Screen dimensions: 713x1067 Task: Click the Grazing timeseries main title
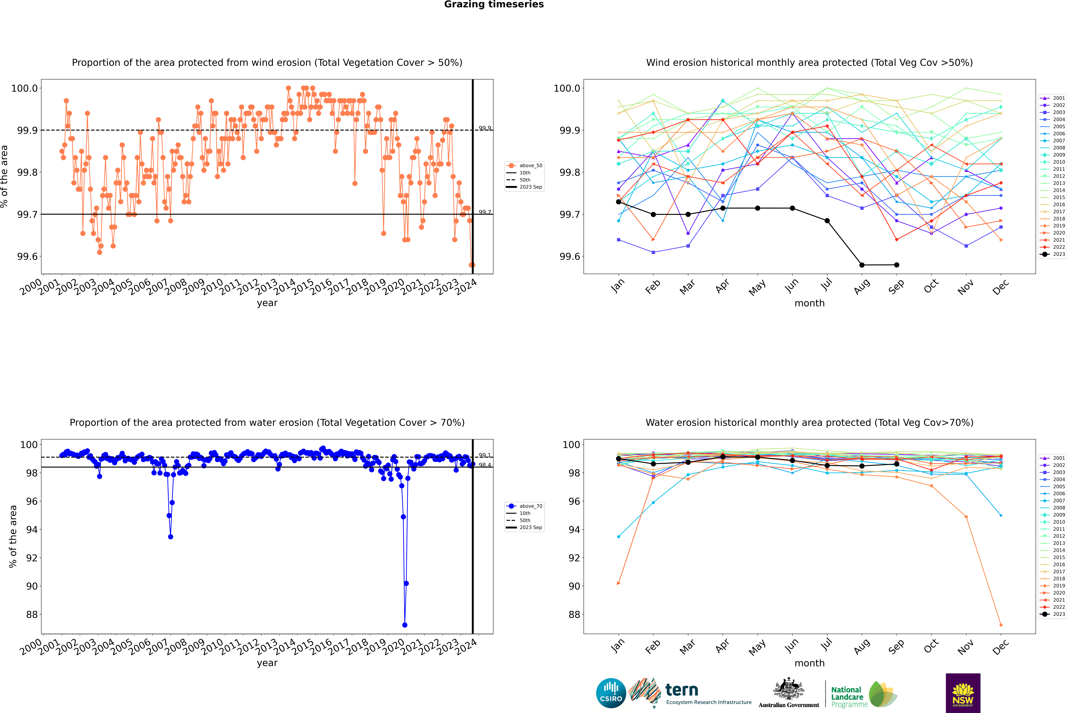tap(494, 5)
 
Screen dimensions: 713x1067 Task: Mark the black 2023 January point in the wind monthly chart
tap(619, 202)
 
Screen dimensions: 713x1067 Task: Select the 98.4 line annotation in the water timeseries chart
tap(485, 465)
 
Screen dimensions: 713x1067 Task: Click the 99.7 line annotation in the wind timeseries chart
tap(485, 212)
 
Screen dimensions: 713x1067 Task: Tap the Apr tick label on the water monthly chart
tap(722, 646)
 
